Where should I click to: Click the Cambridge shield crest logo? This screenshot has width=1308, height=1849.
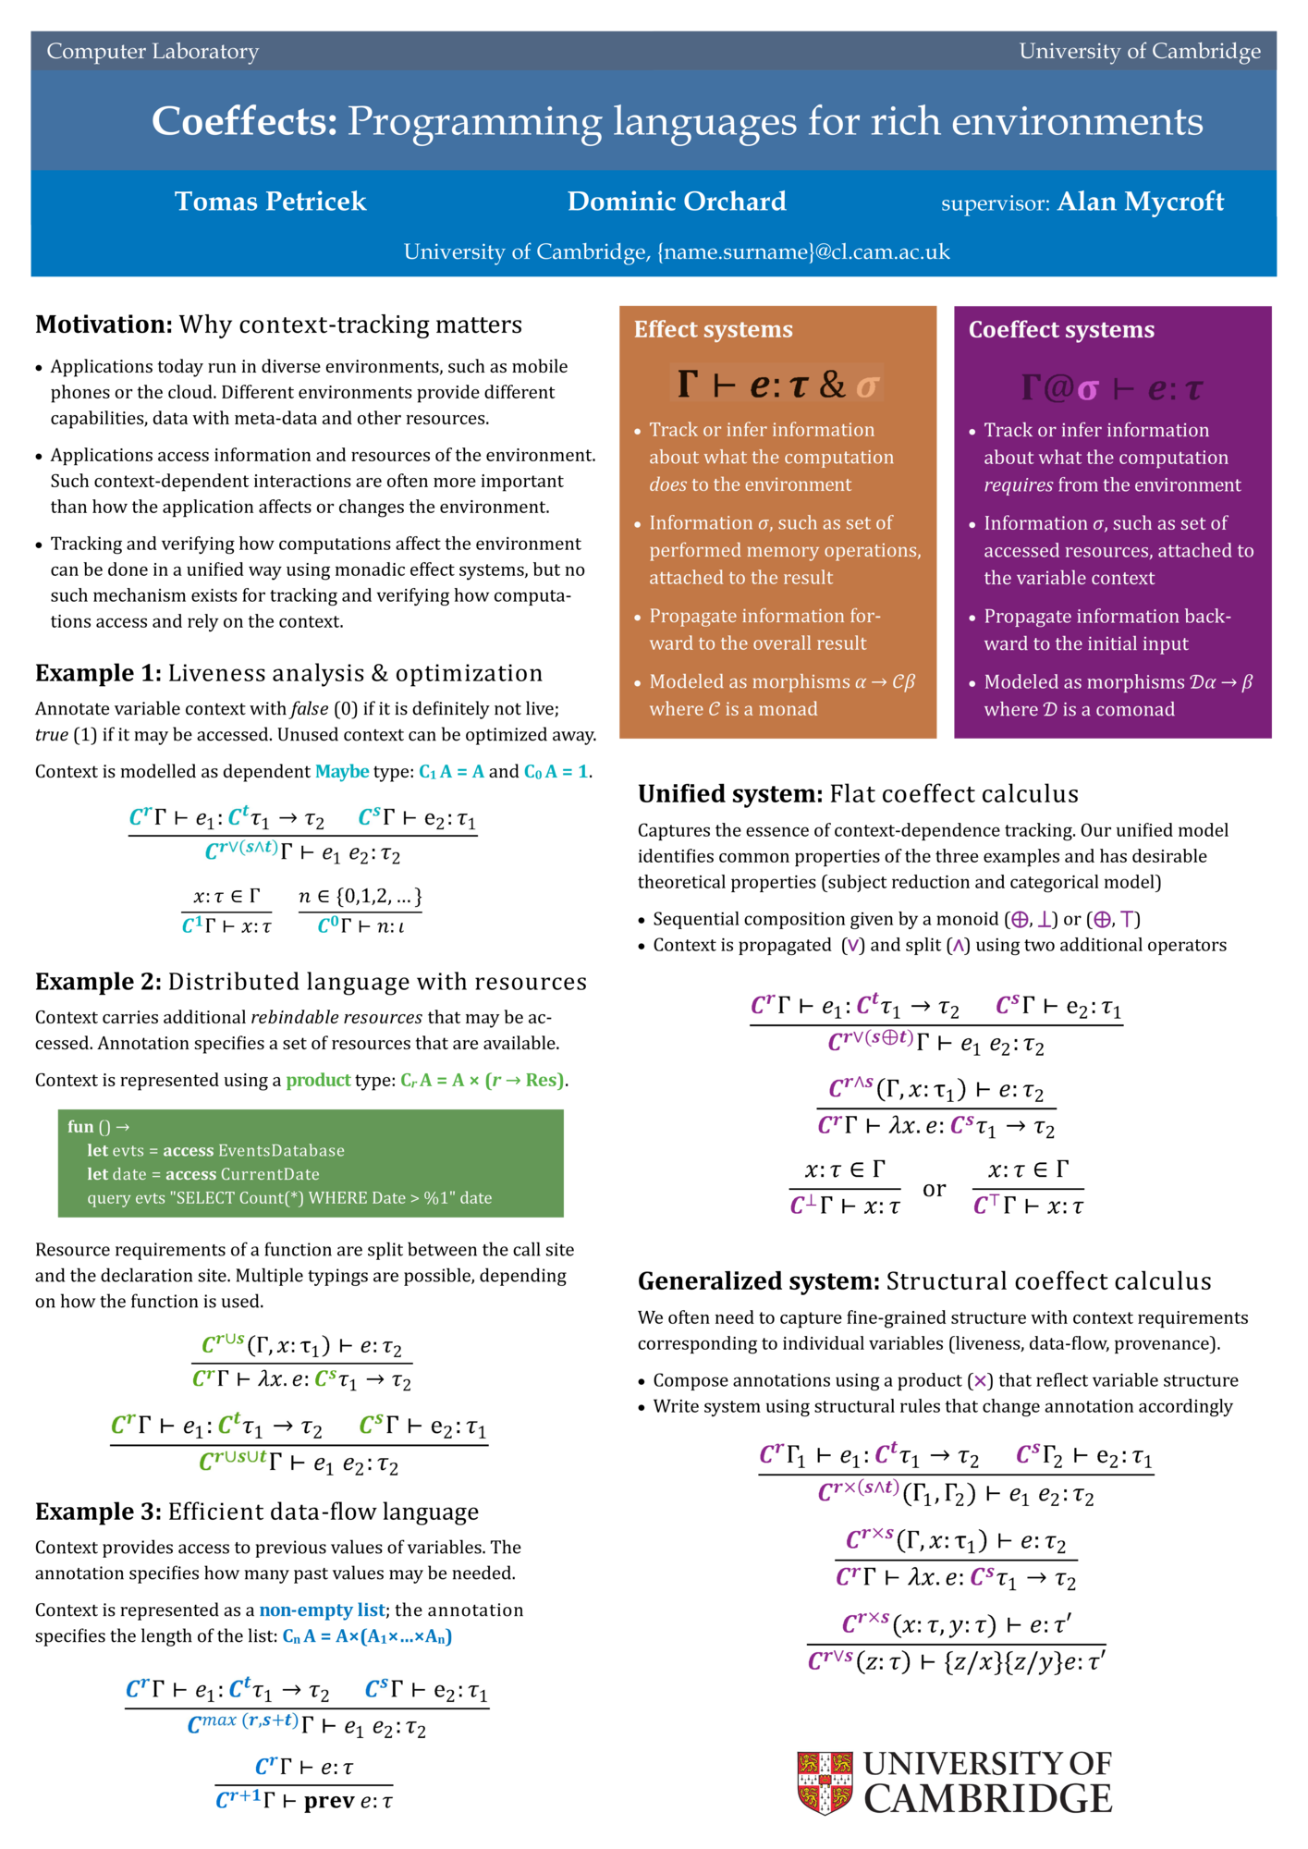824,1782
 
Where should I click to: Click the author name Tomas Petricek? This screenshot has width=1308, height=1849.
270,202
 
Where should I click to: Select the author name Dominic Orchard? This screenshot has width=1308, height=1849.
677,202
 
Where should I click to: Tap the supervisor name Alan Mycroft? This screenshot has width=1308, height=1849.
1140,202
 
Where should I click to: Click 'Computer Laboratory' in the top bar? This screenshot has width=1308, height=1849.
153,52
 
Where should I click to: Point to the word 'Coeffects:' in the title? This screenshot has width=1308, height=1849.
245,121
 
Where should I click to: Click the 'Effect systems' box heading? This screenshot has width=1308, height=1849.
713,330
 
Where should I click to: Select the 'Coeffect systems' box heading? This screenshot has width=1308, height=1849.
1061,330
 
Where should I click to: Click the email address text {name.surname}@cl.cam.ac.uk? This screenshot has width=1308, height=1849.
803,252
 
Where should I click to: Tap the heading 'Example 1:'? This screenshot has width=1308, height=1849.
98,673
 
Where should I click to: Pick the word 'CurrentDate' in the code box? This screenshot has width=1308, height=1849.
270,1174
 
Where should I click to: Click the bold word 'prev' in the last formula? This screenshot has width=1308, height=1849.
329,1801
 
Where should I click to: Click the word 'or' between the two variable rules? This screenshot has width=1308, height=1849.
935,1189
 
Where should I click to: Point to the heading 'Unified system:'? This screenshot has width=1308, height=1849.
729,794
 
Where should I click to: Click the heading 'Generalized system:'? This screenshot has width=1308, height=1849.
758,1281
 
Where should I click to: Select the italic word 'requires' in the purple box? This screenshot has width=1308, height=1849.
1018,485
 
